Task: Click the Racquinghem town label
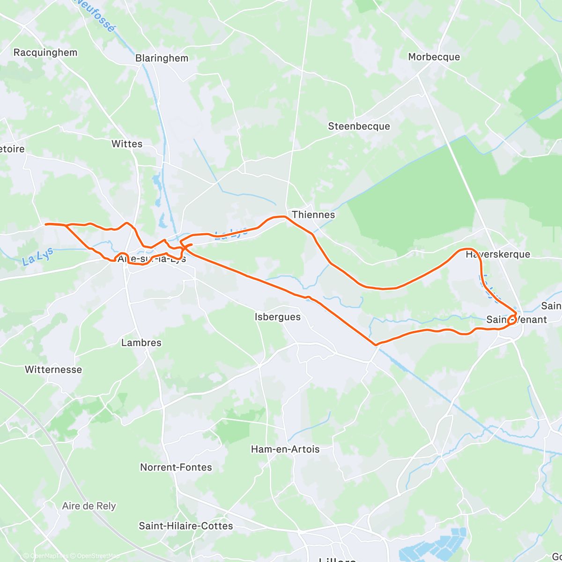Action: pyautogui.click(x=45, y=52)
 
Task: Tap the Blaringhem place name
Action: pyautogui.click(x=162, y=58)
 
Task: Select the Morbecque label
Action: pyautogui.click(x=434, y=57)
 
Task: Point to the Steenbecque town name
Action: pyautogui.click(x=359, y=126)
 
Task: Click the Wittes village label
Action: pyautogui.click(x=127, y=144)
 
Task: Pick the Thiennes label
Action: pyautogui.click(x=313, y=214)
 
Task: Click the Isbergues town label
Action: pyautogui.click(x=278, y=317)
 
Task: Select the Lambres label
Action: pyautogui.click(x=141, y=343)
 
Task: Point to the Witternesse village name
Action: pyautogui.click(x=53, y=370)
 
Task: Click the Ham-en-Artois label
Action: pyautogui.click(x=285, y=449)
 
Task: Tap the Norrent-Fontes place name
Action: pyautogui.click(x=176, y=467)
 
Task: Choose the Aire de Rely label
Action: pyautogui.click(x=89, y=506)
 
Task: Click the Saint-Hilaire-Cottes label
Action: pyautogui.click(x=186, y=526)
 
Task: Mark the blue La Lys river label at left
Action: pyautogui.click(x=38, y=257)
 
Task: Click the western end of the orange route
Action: pyautogui.click(x=46, y=224)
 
